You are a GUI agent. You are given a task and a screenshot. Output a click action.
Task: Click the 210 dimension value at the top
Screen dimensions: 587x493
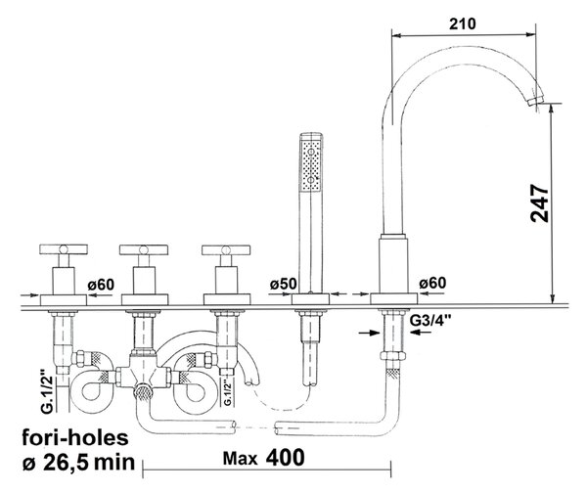point(463,23)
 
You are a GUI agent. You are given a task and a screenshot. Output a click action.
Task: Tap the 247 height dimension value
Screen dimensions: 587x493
point(540,203)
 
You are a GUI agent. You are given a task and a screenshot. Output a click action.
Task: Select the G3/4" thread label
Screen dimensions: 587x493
point(430,321)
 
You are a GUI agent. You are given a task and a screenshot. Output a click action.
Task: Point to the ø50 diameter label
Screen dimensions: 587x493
point(283,284)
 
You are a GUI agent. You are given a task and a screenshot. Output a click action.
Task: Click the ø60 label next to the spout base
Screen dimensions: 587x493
point(432,283)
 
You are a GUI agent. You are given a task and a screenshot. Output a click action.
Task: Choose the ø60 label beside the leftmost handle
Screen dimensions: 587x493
point(101,285)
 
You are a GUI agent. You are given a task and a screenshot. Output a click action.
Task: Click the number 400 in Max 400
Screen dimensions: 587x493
point(286,458)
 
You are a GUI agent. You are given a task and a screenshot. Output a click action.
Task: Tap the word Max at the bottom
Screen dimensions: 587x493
point(240,459)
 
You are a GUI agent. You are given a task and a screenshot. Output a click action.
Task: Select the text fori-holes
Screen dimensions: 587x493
point(75,437)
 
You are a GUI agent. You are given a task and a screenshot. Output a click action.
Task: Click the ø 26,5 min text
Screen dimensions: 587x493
point(78,463)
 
